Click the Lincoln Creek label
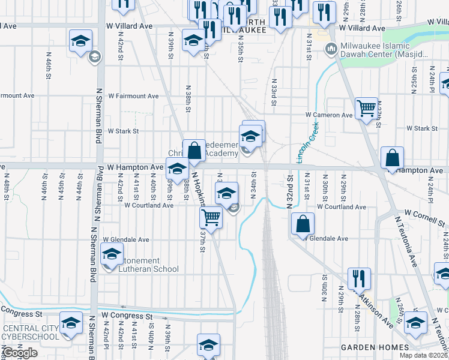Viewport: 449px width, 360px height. (307, 142)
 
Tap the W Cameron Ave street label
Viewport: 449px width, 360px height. (329, 115)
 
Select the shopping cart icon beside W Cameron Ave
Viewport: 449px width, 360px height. (366, 109)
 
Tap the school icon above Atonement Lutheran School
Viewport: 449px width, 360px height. (112, 254)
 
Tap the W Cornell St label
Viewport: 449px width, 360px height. (426, 218)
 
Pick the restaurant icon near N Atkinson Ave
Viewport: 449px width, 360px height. (359, 278)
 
